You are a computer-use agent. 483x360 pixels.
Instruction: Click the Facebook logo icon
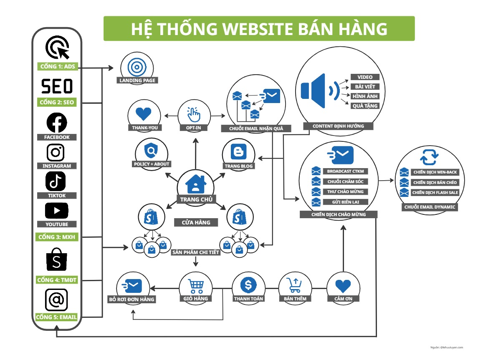56,123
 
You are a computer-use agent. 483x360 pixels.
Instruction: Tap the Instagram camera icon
56,152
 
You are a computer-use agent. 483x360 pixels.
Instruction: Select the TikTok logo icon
56,181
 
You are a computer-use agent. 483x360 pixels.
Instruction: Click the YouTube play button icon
57,210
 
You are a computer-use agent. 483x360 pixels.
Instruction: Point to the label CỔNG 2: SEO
57,102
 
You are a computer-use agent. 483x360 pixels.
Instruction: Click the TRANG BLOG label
239,166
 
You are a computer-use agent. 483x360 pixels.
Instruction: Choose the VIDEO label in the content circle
364,77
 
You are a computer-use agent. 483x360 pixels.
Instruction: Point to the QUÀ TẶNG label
364,106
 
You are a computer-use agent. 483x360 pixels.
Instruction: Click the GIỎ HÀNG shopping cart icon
195,285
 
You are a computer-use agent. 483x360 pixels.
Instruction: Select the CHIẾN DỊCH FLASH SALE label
435,193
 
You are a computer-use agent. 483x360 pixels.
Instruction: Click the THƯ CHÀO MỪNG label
345,192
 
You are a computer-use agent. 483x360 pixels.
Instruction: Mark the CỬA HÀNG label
196,222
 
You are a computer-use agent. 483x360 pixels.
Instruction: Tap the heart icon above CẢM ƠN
343,286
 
